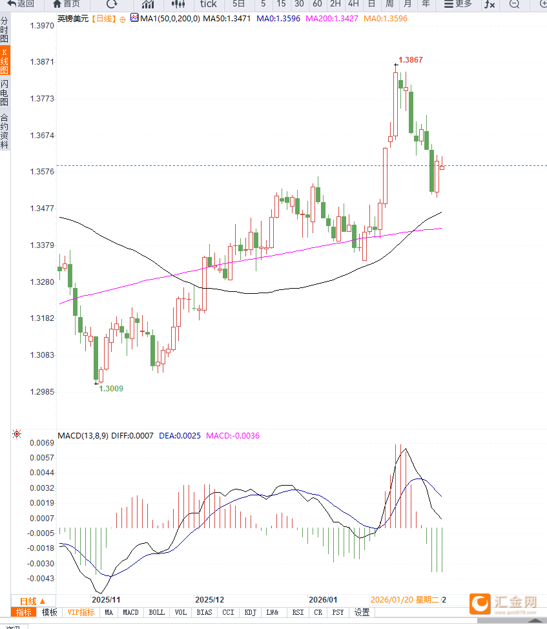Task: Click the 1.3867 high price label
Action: click(411, 60)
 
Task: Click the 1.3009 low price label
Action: click(111, 389)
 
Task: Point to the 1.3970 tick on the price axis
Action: click(42, 26)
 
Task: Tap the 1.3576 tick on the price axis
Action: click(42, 172)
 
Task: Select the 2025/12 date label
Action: click(209, 600)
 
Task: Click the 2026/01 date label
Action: click(323, 600)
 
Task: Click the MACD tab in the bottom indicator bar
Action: click(130, 612)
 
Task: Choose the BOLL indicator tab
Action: click(156, 612)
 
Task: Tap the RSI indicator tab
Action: click(297, 612)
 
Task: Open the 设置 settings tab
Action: click(362, 612)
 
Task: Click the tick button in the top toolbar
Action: click(208, 5)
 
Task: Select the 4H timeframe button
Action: click(353, 5)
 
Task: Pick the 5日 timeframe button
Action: click(239, 5)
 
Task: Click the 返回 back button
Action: click(21, 5)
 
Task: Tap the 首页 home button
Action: click(67, 5)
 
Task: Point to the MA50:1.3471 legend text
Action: click(227, 19)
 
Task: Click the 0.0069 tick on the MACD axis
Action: click(42, 443)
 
